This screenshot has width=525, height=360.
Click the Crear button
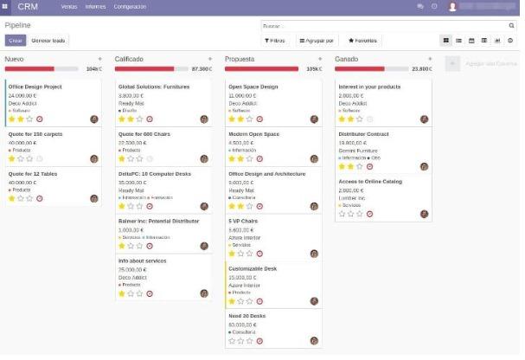point(16,40)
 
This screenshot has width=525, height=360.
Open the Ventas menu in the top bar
point(68,6)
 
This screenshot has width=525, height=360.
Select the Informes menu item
point(95,6)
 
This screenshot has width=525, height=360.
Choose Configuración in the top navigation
point(130,6)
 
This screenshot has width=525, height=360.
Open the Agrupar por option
point(317,40)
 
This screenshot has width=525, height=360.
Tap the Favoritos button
point(362,40)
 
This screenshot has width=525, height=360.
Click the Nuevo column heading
point(15,59)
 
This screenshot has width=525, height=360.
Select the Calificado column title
point(130,59)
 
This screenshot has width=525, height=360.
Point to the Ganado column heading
point(347,59)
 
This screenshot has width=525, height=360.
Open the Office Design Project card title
point(35,87)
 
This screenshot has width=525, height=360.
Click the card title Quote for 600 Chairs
point(144,134)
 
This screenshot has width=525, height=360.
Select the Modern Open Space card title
point(254,134)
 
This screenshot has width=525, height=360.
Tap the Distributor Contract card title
point(364,134)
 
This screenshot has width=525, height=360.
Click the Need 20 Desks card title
point(247,316)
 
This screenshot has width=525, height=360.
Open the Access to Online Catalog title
point(370,181)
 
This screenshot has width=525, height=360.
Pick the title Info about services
point(142,260)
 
